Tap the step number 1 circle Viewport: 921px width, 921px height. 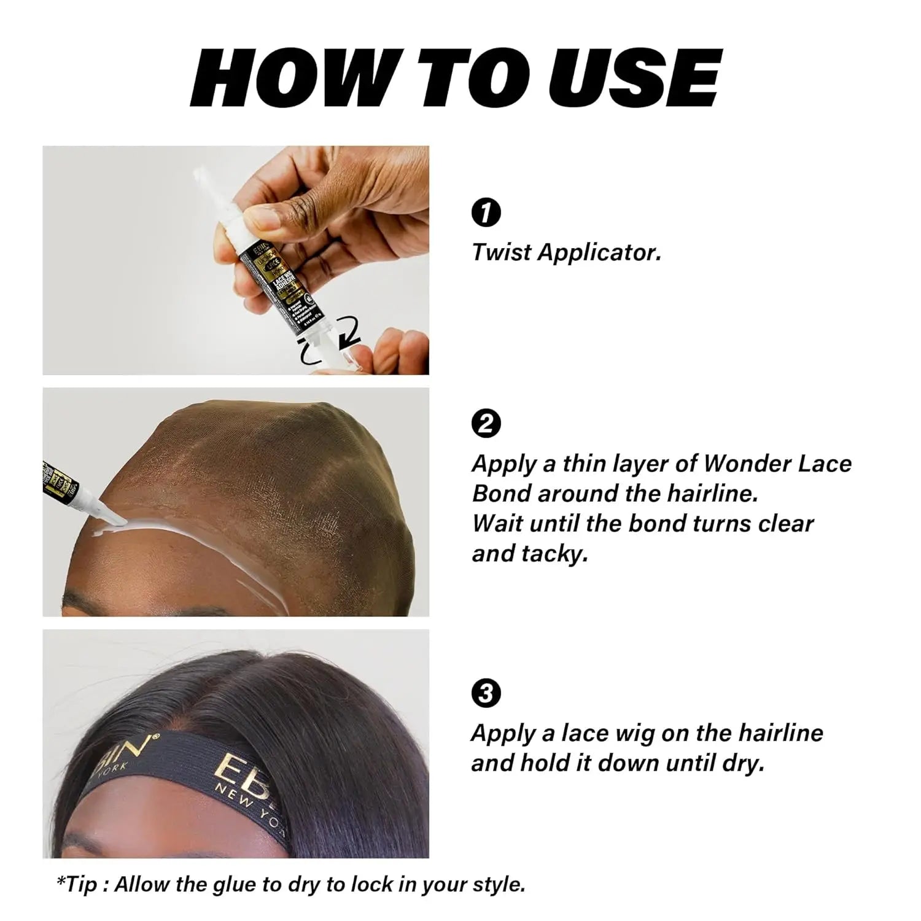point(485,213)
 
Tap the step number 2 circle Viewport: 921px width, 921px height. point(485,424)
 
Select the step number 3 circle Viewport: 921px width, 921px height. point(485,694)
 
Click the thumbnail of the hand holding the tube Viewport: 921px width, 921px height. point(236,260)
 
